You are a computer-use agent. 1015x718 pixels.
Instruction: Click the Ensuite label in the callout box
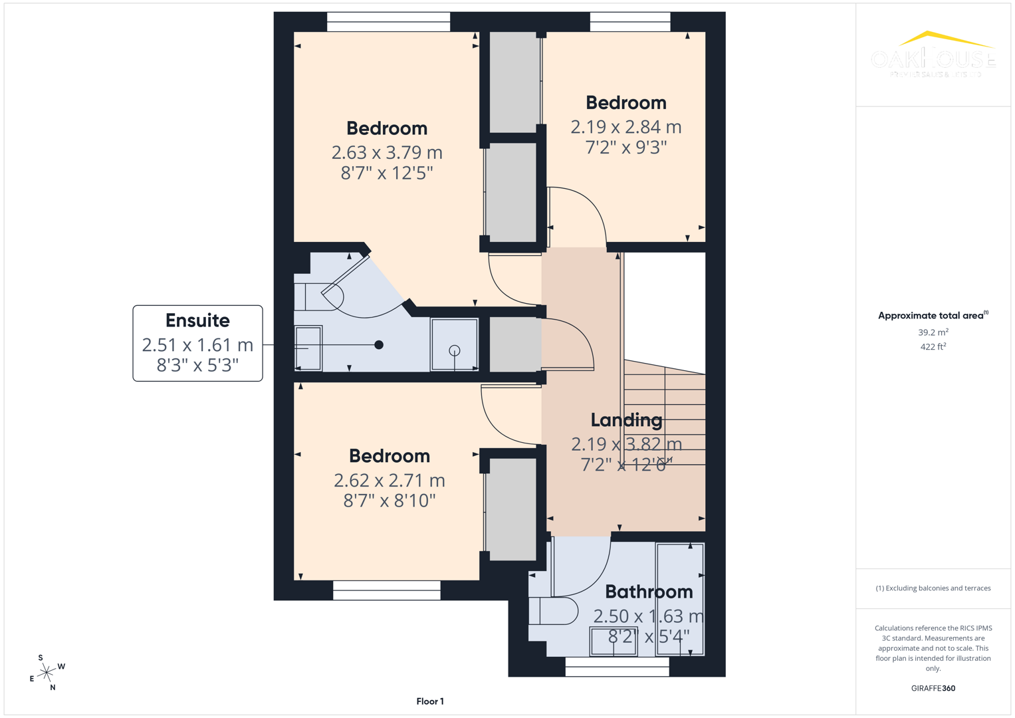[x=197, y=320]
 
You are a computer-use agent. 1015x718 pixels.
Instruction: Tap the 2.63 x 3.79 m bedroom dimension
[x=387, y=152]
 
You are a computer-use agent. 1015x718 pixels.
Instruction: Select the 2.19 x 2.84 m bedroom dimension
[x=625, y=126]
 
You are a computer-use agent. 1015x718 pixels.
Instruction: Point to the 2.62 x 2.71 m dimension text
[x=389, y=480]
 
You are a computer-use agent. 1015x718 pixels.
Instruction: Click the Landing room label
[x=626, y=420]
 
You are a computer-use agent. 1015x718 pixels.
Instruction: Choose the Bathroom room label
[x=648, y=592]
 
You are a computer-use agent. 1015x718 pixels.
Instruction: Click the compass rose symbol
[x=47, y=673]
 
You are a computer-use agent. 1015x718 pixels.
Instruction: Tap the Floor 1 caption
[x=430, y=701]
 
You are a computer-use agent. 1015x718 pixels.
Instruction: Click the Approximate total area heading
[x=932, y=316]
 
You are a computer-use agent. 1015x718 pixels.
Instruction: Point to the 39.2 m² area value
[x=933, y=332]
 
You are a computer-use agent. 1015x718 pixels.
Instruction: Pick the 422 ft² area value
[x=933, y=347]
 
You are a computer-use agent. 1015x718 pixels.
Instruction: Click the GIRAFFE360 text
[x=933, y=688]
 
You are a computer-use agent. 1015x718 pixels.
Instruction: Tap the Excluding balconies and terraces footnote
[x=933, y=588]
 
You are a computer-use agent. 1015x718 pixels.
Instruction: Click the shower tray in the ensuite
[x=454, y=344]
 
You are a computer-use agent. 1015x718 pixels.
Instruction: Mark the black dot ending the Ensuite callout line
[x=379, y=344]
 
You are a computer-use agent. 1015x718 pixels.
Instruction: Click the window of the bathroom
[x=617, y=667]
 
